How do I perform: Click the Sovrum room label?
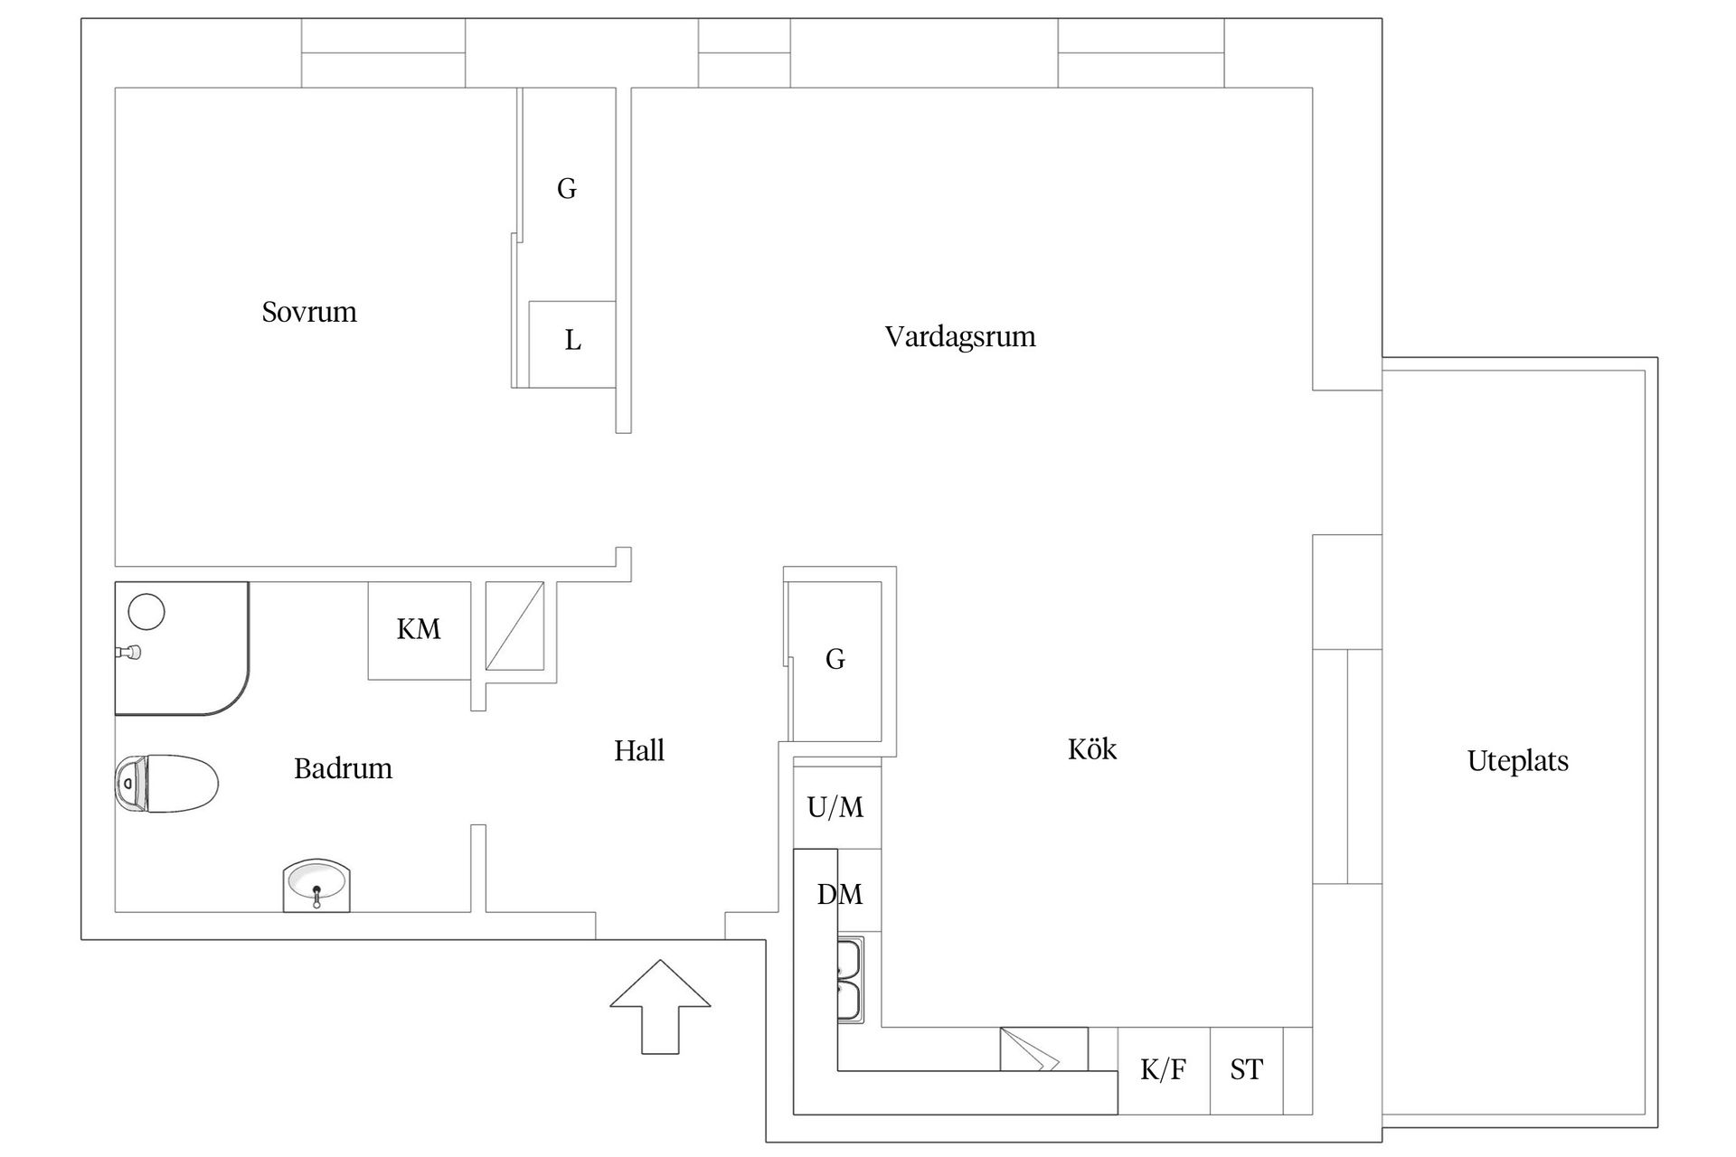coord(309,312)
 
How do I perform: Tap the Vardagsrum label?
coord(959,336)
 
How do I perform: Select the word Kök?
coord(1091,748)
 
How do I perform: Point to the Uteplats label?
coord(1517,761)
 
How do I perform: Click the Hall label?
coord(638,750)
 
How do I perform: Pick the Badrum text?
coord(343,768)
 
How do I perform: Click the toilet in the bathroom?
coord(167,784)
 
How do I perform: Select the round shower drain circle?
coord(146,612)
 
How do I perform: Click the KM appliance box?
coord(419,629)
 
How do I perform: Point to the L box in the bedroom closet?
coord(571,342)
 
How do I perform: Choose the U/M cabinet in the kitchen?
coord(835,807)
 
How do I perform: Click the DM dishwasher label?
coord(839,894)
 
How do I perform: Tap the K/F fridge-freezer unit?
coord(1163,1070)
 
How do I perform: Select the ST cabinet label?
coord(1245,1070)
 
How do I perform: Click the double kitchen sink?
coord(850,980)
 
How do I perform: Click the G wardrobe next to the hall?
coord(835,660)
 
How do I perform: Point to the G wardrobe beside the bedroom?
coord(567,189)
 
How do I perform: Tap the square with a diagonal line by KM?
coord(515,626)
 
